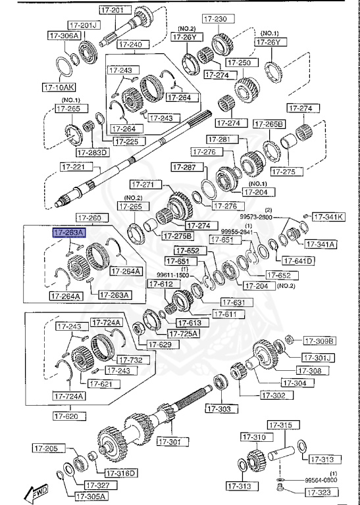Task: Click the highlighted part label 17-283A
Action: pyautogui.click(x=68, y=232)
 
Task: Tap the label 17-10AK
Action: pyautogui.click(x=59, y=86)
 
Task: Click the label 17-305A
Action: pyautogui.click(x=89, y=496)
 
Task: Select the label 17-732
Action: pyautogui.click(x=129, y=360)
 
